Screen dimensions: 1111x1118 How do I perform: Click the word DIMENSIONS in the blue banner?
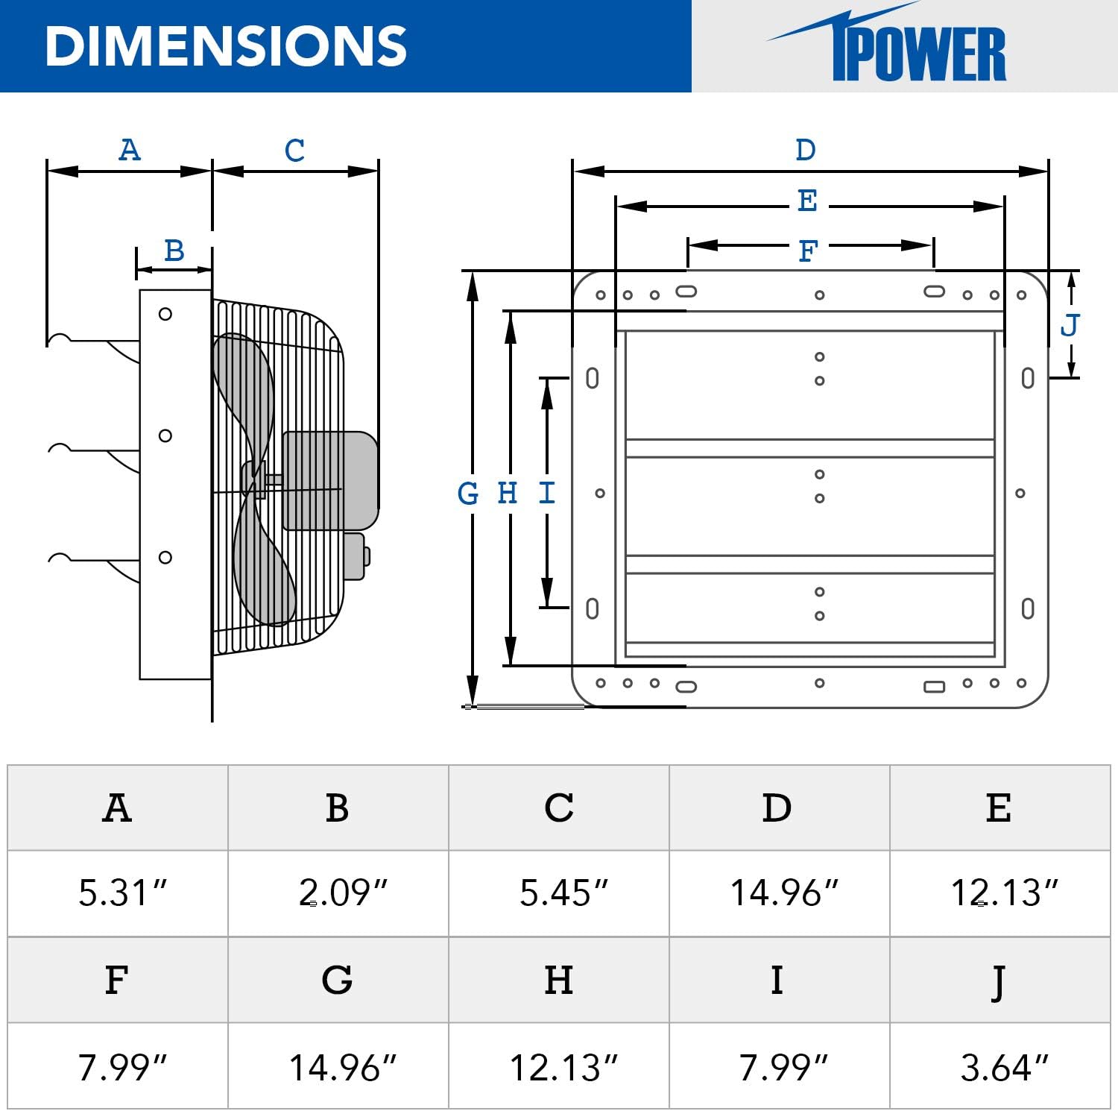225,46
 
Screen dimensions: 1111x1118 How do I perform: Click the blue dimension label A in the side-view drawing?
130,150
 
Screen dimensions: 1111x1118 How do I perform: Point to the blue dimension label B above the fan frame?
174,251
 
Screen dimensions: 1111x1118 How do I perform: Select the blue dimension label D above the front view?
806,150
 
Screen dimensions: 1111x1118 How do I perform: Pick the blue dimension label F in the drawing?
808,251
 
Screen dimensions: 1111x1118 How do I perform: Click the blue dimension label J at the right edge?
1070,325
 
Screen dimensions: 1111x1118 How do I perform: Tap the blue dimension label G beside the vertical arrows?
468,494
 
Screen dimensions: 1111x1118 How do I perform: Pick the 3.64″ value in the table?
1003,1067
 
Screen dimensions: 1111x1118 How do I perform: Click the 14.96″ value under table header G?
342,1067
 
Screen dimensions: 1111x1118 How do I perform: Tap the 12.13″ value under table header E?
1003,893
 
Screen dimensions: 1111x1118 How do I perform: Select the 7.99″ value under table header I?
783,1067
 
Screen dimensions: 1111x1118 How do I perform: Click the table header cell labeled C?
559,808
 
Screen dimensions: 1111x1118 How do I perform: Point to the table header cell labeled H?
559,980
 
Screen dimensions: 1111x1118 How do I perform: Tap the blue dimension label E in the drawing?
807,201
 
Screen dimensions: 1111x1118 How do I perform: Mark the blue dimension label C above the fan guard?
295,151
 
